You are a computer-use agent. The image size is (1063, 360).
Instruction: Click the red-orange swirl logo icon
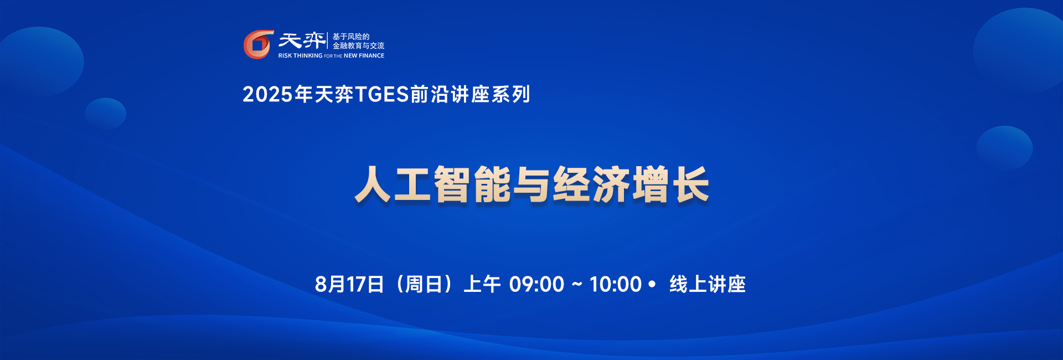pyautogui.click(x=259, y=44)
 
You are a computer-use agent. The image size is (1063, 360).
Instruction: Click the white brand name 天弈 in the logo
pyautogui.click(x=302, y=40)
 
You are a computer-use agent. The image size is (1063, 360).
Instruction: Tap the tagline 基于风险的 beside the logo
pyautogui.click(x=351, y=37)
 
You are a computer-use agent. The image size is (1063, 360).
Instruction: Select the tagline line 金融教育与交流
pyautogui.click(x=358, y=45)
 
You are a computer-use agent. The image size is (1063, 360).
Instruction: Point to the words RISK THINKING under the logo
pyautogui.click(x=300, y=55)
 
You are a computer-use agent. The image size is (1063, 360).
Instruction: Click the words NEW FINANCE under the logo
pyautogui.click(x=364, y=55)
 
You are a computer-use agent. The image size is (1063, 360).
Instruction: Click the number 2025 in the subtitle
pyautogui.click(x=267, y=95)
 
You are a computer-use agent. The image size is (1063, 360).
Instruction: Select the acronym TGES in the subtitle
pyautogui.click(x=381, y=95)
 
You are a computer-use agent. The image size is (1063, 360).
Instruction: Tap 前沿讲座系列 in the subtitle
pyautogui.click(x=471, y=95)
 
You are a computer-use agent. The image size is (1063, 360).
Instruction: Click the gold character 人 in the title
pyautogui.click(x=374, y=184)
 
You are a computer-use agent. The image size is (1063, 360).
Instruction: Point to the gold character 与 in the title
pyautogui.click(x=532, y=184)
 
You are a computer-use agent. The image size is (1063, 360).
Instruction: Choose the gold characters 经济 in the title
pyautogui.click(x=591, y=184)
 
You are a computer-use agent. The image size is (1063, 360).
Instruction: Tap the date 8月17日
pyautogui.click(x=349, y=285)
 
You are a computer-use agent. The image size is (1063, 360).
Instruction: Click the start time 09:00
pyautogui.click(x=536, y=285)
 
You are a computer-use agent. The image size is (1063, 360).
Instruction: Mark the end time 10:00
pyautogui.click(x=615, y=285)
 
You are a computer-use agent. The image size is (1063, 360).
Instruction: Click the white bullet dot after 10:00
pyautogui.click(x=652, y=284)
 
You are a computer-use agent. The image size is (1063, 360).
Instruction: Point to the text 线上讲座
pyautogui.click(x=708, y=285)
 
